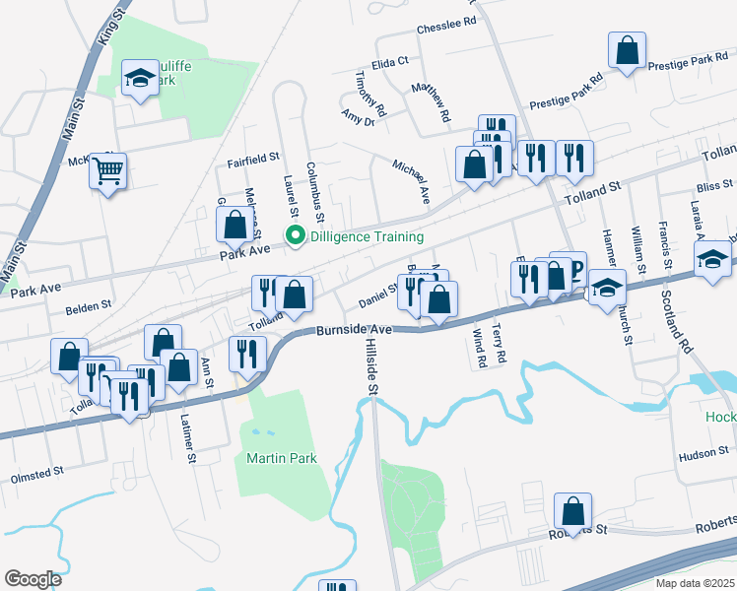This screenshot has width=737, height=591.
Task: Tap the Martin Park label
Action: coord(268,458)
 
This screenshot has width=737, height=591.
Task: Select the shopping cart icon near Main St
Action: coord(108,170)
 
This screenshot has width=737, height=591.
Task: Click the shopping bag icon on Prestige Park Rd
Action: coord(627,50)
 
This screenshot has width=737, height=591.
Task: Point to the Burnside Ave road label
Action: coord(355,330)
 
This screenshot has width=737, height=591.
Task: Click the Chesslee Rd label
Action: coord(446,20)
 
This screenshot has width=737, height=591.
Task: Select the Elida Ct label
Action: coord(390,61)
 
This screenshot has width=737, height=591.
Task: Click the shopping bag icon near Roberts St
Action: coord(572,511)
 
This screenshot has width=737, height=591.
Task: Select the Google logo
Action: coord(33,578)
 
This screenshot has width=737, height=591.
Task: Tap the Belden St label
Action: coord(89,308)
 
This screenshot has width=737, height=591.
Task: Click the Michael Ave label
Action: coord(412,181)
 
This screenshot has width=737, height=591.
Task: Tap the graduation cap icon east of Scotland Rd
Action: coord(711,260)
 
